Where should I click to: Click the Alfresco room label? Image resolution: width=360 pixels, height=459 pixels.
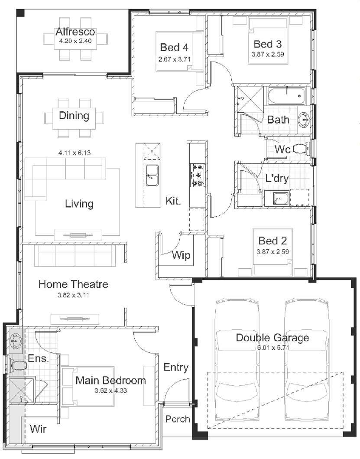[x=75, y=32]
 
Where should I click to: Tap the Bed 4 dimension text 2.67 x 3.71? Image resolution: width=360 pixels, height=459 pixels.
[x=175, y=59]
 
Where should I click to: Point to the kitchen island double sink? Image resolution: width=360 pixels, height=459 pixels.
[x=152, y=175]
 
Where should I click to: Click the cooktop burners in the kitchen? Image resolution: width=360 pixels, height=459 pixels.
[x=197, y=176]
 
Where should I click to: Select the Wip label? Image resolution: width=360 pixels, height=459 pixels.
[x=181, y=255]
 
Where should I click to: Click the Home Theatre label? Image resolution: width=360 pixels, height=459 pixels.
[x=74, y=284]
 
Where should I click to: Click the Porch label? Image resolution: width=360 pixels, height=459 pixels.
[x=177, y=419]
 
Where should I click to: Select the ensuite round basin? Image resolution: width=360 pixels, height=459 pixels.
[x=15, y=340]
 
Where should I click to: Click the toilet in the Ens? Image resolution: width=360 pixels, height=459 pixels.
[x=18, y=365]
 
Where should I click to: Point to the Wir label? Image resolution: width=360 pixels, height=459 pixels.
[x=38, y=429]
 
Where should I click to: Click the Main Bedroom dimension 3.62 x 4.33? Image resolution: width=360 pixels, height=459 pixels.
[x=110, y=391]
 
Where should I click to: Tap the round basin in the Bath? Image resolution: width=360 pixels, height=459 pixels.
[x=305, y=120]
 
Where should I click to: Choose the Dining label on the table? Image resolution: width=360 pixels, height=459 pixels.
[x=74, y=116]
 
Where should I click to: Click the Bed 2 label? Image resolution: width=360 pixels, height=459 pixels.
[x=272, y=241]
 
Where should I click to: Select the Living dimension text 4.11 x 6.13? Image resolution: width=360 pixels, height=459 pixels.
[x=75, y=153]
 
